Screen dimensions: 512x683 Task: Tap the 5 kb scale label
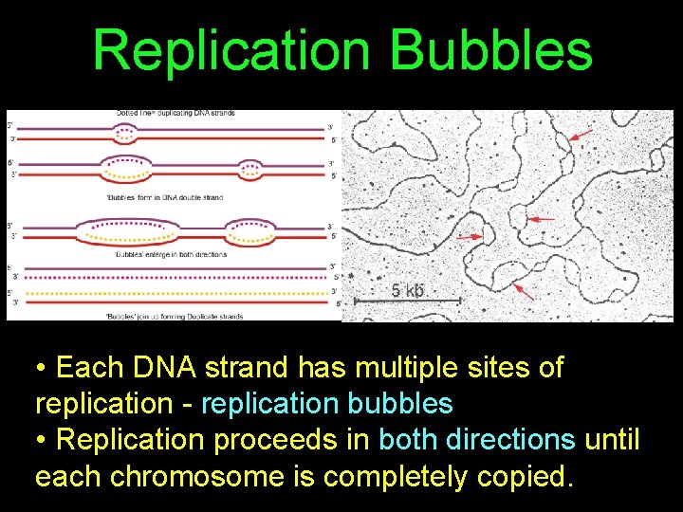tap(408, 290)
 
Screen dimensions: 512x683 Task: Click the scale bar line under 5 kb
tap(408, 302)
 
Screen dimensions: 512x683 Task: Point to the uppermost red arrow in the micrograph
tap(581, 136)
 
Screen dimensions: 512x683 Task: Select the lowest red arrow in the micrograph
tap(524, 291)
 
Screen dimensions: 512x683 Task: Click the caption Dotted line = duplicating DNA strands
tap(175, 114)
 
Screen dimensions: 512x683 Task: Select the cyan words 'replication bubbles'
tap(327, 403)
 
